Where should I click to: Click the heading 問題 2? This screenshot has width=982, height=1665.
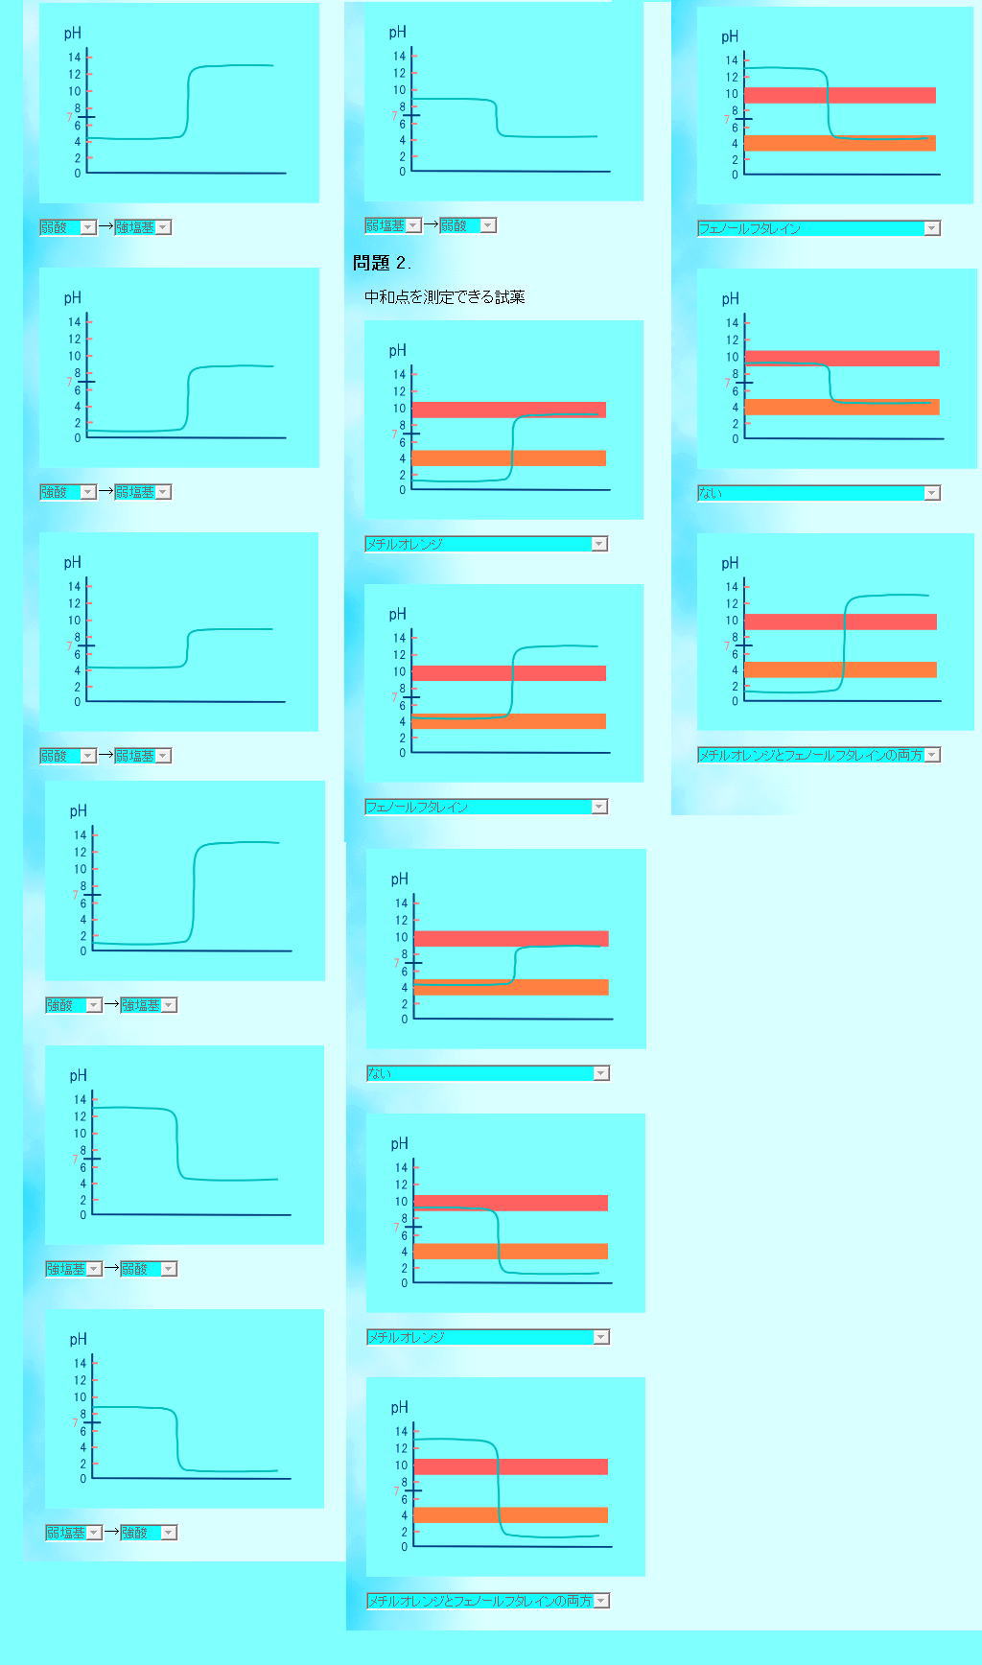click(382, 263)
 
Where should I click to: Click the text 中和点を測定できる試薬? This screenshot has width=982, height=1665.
click(444, 297)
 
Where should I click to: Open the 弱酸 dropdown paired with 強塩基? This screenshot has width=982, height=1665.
click(67, 227)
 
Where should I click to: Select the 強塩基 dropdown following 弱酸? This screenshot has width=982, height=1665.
click(142, 227)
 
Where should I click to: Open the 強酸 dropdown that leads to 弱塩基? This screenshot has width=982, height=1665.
click(67, 492)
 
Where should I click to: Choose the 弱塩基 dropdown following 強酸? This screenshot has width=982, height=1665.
click(142, 492)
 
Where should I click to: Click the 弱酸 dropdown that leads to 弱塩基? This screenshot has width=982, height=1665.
click(67, 756)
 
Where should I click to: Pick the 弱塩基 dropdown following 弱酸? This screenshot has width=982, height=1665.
click(142, 756)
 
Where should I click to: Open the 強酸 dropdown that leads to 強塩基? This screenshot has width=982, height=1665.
click(73, 1005)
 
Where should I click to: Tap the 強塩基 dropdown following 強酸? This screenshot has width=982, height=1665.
click(148, 1005)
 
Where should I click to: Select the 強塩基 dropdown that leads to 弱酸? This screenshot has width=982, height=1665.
click(73, 1269)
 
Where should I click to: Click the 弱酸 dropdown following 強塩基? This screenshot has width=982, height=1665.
click(148, 1269)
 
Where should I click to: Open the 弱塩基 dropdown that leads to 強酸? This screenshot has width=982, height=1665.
click(73, 1533)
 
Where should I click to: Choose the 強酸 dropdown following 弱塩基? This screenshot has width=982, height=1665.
click(148, 1533)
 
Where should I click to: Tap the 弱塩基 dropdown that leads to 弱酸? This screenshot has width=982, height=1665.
click(392, 225)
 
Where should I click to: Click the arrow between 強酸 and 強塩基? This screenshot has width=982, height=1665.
click(111, 1005)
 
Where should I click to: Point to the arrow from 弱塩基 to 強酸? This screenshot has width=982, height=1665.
click(111, 1533)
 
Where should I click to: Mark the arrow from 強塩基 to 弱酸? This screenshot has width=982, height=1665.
click(111, 1269)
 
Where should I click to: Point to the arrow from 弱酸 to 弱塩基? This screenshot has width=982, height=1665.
click(105, 756)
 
